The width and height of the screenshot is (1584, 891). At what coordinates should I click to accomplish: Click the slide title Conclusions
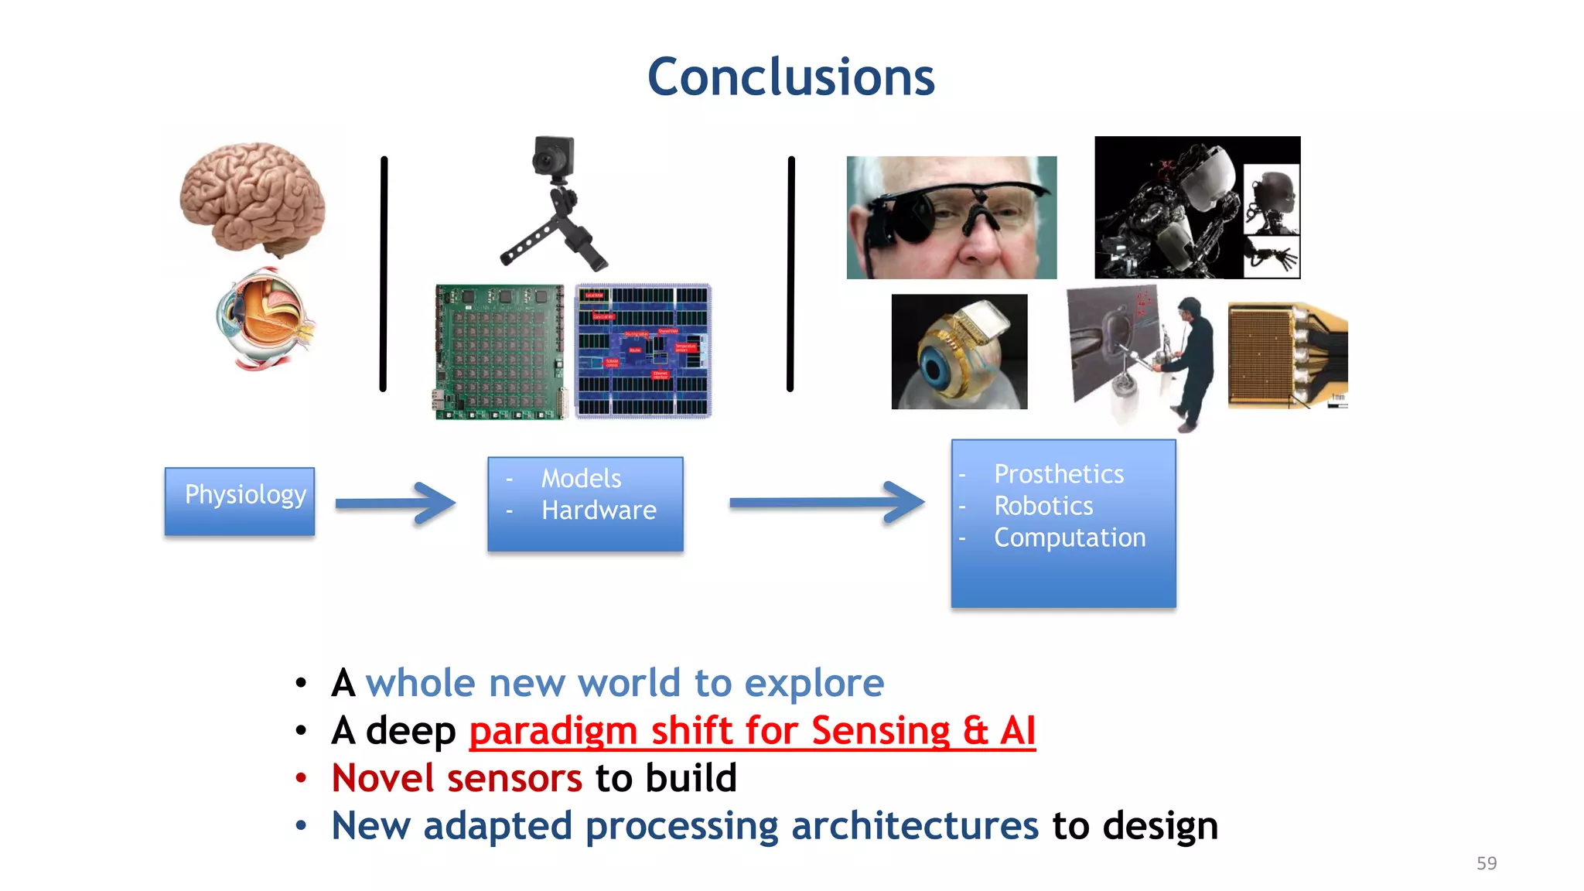point(790,77)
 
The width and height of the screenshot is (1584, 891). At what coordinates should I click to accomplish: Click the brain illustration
point(252,198)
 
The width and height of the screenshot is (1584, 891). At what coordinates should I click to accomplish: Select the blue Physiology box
point(240,501)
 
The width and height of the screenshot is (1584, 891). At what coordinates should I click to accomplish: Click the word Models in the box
point(581,479)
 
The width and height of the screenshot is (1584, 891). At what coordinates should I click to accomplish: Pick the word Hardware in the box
point(599,510)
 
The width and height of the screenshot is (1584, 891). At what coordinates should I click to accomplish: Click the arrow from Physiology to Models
point(396,504)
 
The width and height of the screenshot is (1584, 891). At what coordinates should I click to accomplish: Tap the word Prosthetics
point(1058,474)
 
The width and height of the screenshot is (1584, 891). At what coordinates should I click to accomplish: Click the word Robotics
point(1043,506)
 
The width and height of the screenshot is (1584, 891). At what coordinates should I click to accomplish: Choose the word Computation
point(1070,538)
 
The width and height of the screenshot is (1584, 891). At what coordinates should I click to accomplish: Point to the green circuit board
point(500,352)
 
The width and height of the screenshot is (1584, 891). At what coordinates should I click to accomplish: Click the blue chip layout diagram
point(643,352)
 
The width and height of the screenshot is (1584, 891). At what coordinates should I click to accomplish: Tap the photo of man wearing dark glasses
point(951,217)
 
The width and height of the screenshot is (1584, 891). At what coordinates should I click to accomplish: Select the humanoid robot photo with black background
point(1197,207)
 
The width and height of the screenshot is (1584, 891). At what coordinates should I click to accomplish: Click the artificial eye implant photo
point(959,352)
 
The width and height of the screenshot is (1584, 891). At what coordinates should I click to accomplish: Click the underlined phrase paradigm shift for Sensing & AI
point(752,731)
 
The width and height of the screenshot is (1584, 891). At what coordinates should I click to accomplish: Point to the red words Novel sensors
point(456,778)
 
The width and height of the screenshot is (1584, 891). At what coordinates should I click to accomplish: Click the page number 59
point(1486,863)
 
